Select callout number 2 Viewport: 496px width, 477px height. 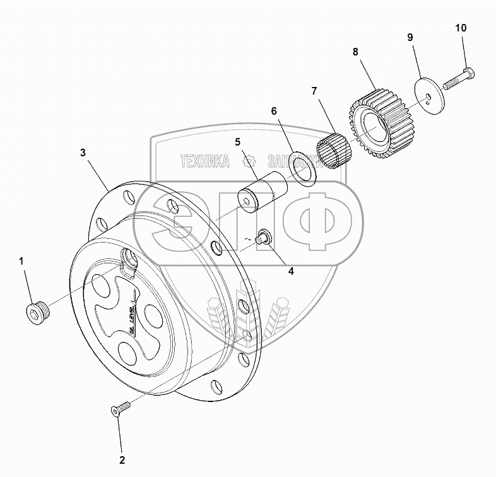(122, 460)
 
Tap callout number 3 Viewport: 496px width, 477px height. (83, 152)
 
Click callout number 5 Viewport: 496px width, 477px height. (238, 142)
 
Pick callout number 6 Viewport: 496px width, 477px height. (274, 111)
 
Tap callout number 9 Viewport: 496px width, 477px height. (410, 38)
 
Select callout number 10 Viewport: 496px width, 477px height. (461, 28)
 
